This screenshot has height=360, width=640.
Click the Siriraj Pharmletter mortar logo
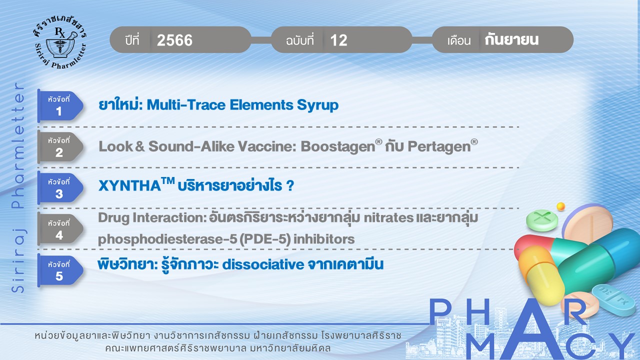[60, 43]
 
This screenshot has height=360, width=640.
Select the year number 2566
[174, 40]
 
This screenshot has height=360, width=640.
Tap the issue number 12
[338, 40]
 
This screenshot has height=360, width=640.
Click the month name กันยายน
[511, 39]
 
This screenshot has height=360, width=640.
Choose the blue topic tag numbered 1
[60, 106]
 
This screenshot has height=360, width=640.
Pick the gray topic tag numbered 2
[60, 147]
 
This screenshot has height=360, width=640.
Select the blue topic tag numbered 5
[60, 270]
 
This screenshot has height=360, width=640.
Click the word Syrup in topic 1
[317, 105]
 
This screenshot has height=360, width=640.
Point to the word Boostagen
[337, 147]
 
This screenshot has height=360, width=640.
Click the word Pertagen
[439, 147]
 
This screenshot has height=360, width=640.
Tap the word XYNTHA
[129, 186]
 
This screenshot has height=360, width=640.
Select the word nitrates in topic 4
[388, 218]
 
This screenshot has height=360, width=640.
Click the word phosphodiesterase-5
[167, 239]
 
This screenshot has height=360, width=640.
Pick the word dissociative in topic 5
[263, 264]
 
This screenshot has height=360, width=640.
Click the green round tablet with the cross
[542, 220]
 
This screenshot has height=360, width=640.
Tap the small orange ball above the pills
[561, 206]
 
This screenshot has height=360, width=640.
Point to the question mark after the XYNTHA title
[290, 186]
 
